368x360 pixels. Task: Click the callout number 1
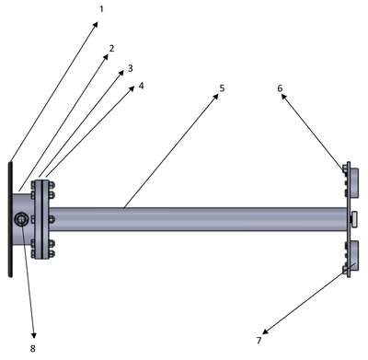click(101, 9)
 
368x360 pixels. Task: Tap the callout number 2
click(111, 48)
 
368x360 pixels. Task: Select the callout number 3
click(131, 68)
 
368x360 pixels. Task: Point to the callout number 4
click(141, 86)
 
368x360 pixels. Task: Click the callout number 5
click(222, 88)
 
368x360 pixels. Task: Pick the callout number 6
click(280, 88)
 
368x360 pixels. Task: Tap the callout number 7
click(259, 341)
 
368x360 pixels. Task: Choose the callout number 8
click(33, 348)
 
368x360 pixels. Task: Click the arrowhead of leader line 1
click(96, 24)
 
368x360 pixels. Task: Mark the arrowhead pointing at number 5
click(215, 96)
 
